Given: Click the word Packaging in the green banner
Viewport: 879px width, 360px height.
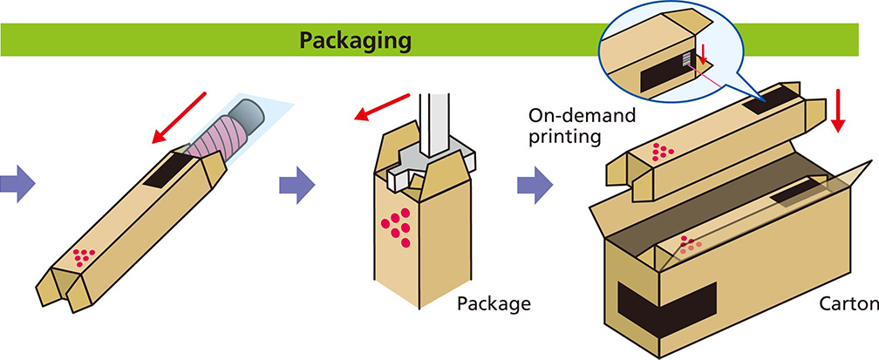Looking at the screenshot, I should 355,40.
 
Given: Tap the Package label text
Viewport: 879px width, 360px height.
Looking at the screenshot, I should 494,304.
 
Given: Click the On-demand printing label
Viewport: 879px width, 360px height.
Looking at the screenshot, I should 581,126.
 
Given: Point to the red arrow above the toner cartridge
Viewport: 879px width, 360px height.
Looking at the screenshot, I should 180,117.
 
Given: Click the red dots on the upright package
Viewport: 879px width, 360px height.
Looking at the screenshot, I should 397,226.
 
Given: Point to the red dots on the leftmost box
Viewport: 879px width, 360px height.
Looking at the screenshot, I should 85,256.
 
